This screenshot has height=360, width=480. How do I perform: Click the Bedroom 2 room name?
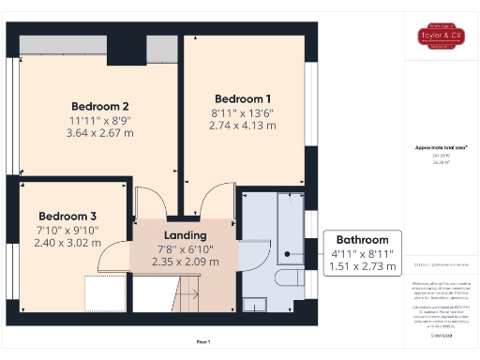[99, 106]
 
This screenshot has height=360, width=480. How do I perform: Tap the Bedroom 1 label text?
[243, 98]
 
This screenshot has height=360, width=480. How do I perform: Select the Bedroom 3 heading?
[67, 215]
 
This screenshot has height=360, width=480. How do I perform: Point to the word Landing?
[185, 234]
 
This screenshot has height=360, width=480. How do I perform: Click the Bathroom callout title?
[362, 240]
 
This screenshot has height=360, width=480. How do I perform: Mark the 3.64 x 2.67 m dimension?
[99, 133]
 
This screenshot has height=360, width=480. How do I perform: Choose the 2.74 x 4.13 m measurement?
[243, 126]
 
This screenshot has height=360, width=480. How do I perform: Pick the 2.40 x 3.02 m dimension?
[67, 242]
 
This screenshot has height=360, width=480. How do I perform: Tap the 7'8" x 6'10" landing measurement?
[185, 248]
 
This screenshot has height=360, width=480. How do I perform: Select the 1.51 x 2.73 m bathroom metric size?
[362, 267]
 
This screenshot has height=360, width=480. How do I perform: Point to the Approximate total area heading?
[441, 147]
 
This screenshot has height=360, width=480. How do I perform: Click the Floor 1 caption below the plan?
[202, 341]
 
